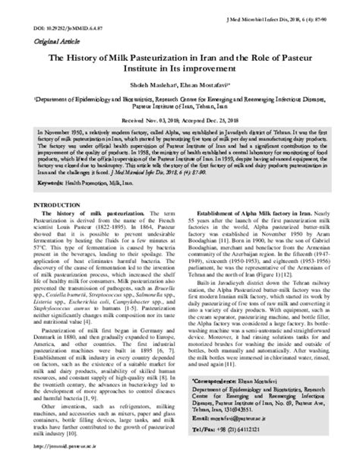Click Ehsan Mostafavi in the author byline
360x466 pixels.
click(x=206, y=86)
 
